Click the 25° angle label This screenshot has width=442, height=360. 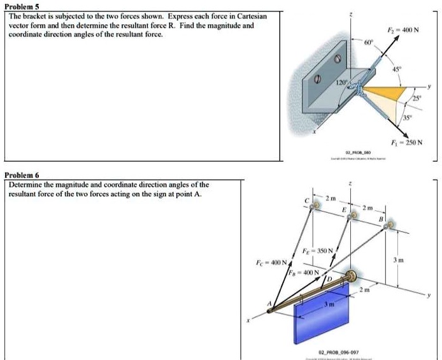tap(417, 99)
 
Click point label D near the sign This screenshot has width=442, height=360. tap(329, 279)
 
